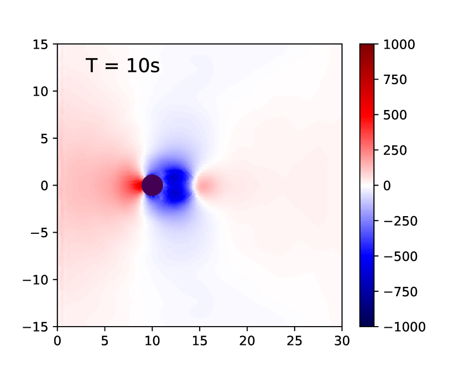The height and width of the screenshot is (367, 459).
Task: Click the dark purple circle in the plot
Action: click(152, 185)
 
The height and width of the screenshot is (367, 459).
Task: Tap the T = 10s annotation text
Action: click(123, 65)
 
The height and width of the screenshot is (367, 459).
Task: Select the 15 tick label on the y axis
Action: click(40, 44)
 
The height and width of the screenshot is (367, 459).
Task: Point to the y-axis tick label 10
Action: click(40, 92)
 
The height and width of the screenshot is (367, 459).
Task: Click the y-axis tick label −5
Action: click(39, 233)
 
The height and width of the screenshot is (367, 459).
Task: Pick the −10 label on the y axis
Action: click(35, 280)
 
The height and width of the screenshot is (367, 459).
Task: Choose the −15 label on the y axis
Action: click(35, 327)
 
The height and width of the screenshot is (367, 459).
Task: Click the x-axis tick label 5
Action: click(105, 341)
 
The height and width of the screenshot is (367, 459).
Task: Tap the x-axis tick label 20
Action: click(247, 341)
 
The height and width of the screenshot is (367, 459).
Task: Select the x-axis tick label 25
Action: click(295, 341)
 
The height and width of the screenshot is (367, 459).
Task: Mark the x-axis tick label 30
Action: click(342, 341)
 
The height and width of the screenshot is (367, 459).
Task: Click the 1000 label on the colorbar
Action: click(399, 44)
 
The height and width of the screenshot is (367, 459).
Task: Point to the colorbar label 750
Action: click(395, 80)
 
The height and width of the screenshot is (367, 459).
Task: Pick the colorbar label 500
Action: click(395, 115)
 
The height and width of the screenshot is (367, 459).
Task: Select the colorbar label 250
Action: click(395, 150)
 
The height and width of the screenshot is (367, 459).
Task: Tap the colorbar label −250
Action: click(400, 221)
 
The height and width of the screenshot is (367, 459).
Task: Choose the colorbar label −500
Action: click(400, 256)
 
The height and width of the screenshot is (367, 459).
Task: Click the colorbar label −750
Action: click(400, 292)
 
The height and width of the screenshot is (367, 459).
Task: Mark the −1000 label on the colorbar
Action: click(404, 327)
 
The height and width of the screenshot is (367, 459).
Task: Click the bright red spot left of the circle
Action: click(137, 186)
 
